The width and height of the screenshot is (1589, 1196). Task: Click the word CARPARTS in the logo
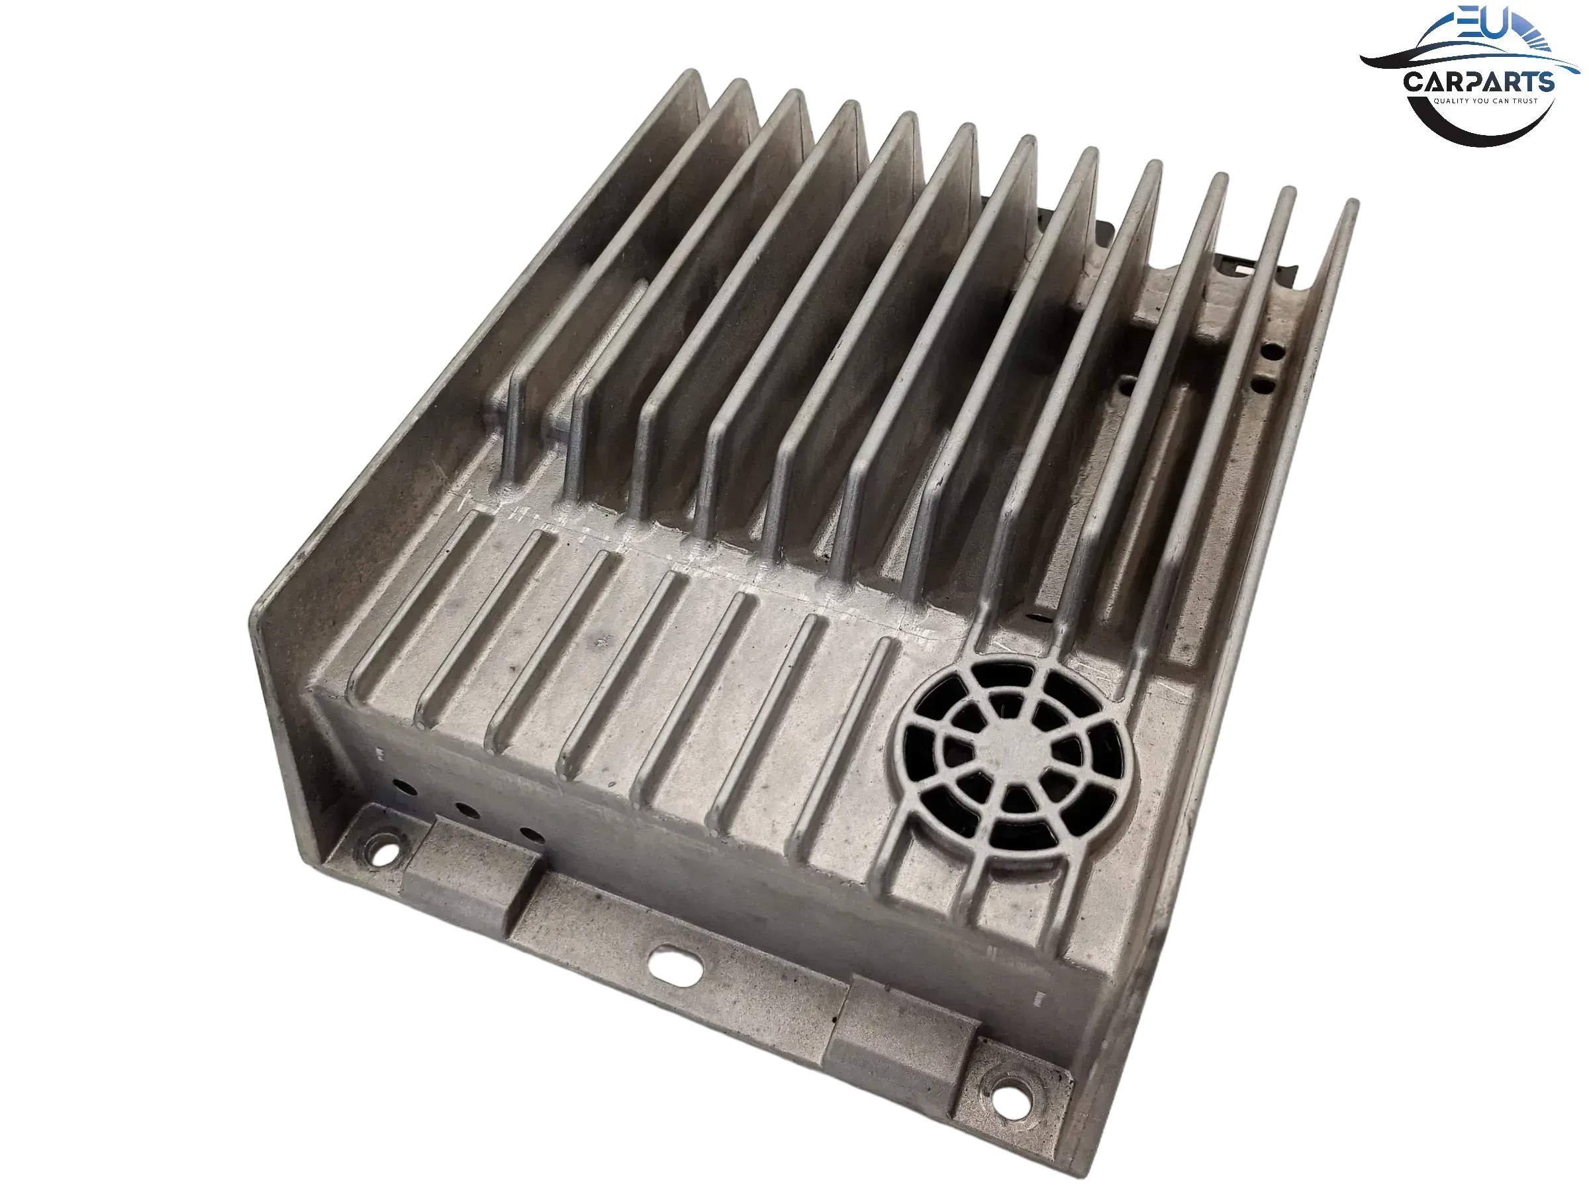1478,81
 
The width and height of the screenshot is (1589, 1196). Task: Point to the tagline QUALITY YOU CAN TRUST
1486,101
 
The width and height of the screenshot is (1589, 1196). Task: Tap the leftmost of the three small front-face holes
405,789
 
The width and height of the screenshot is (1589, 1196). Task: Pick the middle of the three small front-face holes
467,811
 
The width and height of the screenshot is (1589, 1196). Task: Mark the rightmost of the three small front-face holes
532,835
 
